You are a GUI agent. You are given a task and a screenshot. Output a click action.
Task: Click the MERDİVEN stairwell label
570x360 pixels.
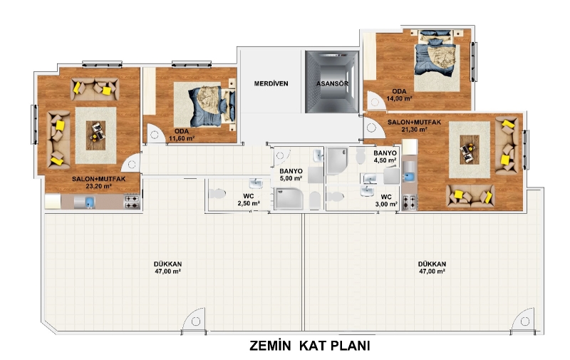tap(271, 83)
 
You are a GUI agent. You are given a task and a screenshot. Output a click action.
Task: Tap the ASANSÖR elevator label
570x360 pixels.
tap(332, 83)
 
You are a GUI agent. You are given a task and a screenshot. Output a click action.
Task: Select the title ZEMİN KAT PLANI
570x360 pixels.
tap(310, 346)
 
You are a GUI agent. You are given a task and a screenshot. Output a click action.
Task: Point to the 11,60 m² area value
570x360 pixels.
tap(182, 138)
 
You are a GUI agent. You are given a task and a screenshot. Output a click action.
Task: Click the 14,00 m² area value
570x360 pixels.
tap(399, 98)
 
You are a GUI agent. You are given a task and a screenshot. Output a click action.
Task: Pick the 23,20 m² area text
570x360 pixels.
tap(98, 186)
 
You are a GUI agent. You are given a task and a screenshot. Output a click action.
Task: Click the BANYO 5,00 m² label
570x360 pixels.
tap(291, 175)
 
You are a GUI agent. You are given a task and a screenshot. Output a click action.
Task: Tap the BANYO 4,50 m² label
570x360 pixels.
tap(385, 157)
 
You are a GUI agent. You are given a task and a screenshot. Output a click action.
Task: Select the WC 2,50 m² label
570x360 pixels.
tap(249, 200)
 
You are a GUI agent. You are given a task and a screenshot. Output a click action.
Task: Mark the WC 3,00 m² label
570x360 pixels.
tap(386, 201)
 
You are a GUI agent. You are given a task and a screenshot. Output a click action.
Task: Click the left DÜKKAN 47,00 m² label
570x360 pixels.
tap(167, 267)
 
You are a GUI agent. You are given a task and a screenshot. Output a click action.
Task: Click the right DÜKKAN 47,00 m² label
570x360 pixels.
tap(432, 267)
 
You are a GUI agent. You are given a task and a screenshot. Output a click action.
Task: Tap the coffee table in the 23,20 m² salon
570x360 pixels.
tap(95, 135)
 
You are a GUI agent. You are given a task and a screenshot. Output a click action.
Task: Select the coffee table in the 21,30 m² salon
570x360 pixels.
tap(470, 150)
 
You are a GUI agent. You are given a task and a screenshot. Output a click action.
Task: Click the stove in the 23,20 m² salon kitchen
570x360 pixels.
tap(133, 202)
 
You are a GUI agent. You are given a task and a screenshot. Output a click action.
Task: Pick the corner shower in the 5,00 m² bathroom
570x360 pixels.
tap(289, 199)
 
